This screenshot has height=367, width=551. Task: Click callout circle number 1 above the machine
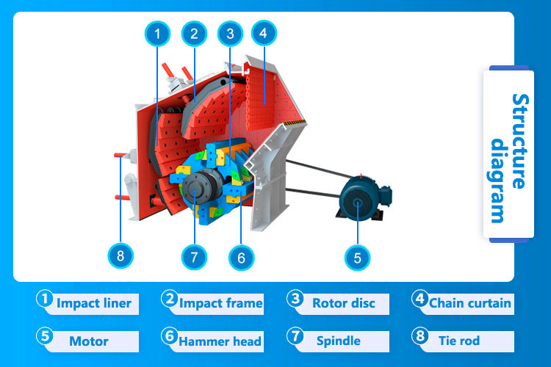tap(157, 33)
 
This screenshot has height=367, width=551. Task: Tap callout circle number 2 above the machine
tap(194, 33)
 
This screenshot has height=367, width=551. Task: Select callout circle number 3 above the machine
tap(230, 33)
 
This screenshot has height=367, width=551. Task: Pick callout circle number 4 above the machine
tap(263, 33)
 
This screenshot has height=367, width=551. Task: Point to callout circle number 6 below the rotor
tap(240, 257)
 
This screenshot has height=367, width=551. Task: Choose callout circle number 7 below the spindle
tap(194, 257)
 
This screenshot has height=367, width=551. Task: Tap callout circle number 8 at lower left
tap(121, 255)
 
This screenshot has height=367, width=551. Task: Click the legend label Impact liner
tap(93, 302)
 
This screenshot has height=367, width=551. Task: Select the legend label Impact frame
tap(220, 302)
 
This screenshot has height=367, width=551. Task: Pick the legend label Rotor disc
tap(343, 302)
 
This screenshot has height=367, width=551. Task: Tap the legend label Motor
tap(88, 341)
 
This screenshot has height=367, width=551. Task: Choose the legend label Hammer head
tap(220, 341)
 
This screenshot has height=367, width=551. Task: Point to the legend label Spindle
tap(338, 341)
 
